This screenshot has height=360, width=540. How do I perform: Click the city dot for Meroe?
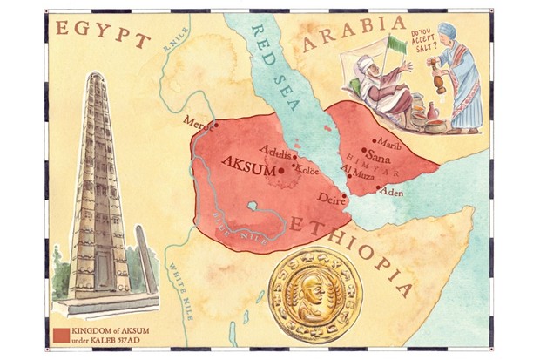(216, 124)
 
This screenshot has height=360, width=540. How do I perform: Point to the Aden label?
(393, 192)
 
